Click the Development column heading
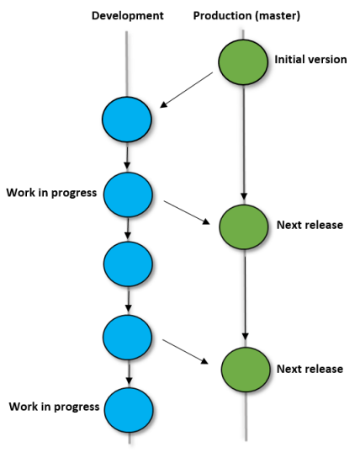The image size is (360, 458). pos(128,15)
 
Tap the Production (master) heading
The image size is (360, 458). pos(246,15)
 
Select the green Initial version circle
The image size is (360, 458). pos(243,62)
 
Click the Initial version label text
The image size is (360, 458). pos(310,59)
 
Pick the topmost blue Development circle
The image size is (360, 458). pos(127,120)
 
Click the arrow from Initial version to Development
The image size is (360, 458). pos(187,90)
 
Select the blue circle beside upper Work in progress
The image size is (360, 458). pos(128,194)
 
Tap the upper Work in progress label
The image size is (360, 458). pos(51,193)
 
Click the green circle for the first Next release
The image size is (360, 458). pos(244,227)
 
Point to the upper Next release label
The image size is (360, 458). pos(310,225)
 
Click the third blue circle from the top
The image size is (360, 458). pos(128,264)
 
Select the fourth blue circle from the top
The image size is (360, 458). pos(128,338)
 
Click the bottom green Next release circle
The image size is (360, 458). pos(246,370)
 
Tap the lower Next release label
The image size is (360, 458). pos(310,369)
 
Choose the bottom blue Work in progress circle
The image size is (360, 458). pos(129,410)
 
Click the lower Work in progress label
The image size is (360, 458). pos(55,407)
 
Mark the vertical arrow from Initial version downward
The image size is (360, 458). pos(244,145)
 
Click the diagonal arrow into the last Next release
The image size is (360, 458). pos(185,352)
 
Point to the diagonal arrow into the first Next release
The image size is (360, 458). pos(187,213)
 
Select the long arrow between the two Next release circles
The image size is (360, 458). pos(245,299)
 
